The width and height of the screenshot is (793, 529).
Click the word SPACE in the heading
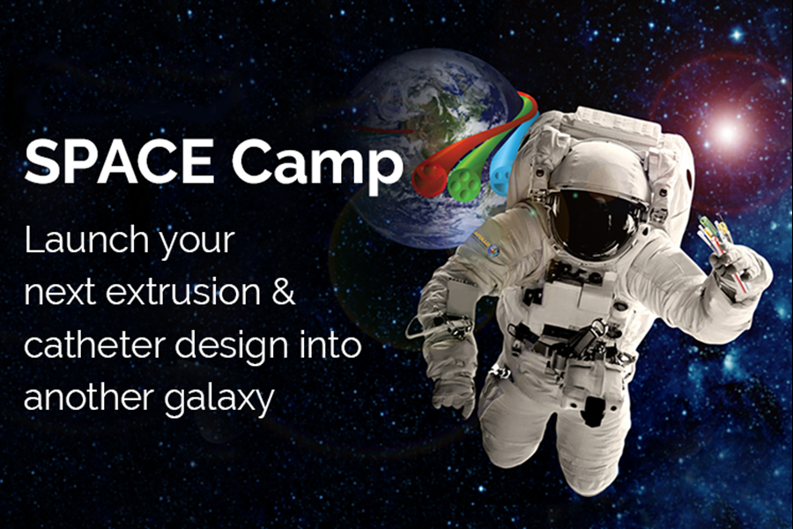(119, 160)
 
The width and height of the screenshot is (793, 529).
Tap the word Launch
(87, 240)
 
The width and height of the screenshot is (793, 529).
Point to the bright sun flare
(727, 131)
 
